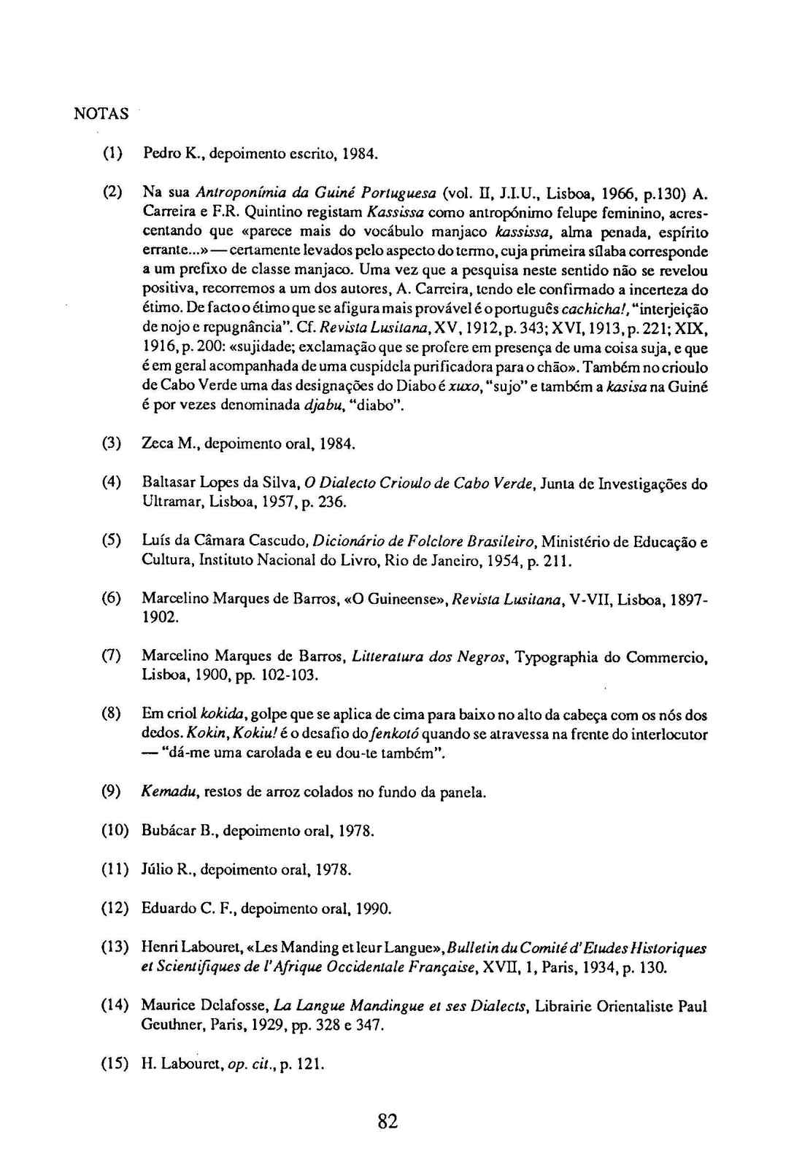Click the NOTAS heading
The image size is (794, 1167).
pos(102,114)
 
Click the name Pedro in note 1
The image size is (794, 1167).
pos(157,154)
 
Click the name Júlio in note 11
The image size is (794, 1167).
pos(157,869)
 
